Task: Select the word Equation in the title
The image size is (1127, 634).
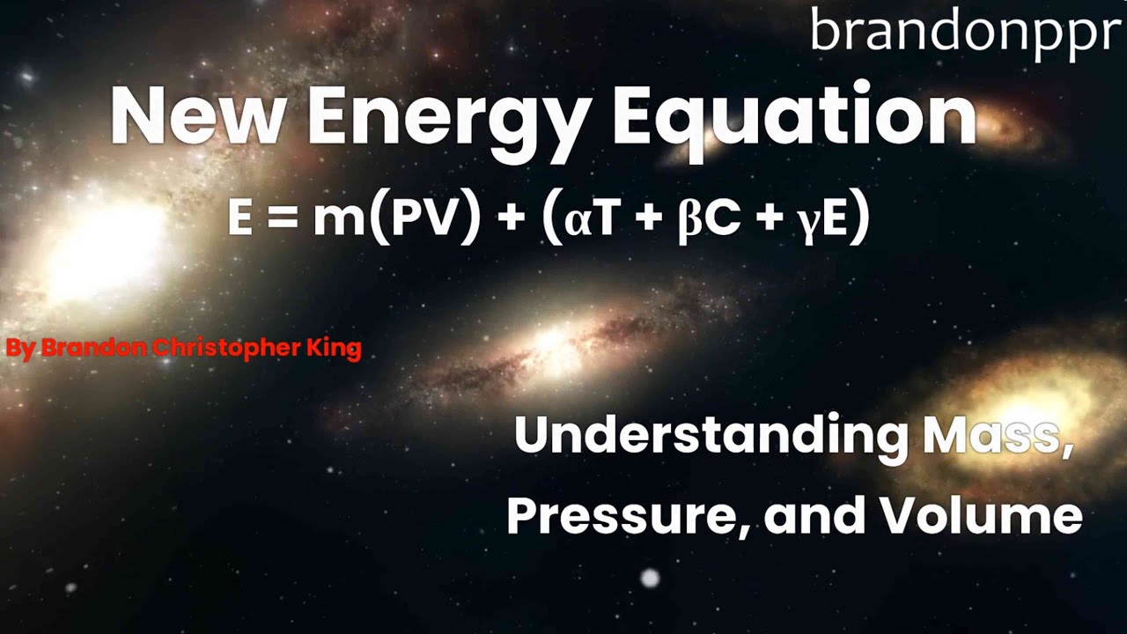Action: pyautogui.click(x=794, y=117)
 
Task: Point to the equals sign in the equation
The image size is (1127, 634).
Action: pyautogui.click(x=283, y=218)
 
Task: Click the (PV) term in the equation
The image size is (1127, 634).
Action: pyautogui.click(x=425, y=217)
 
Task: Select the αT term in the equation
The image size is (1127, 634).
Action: pyautogui.click(x=593, y=218)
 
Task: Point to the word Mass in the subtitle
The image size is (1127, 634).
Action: pyautogui.click(x=995, y=435)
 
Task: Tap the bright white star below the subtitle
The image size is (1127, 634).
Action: pyautogui.click(x=650, y=578)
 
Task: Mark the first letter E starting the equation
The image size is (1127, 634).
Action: pyautogui.click(x=239, y=218)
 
